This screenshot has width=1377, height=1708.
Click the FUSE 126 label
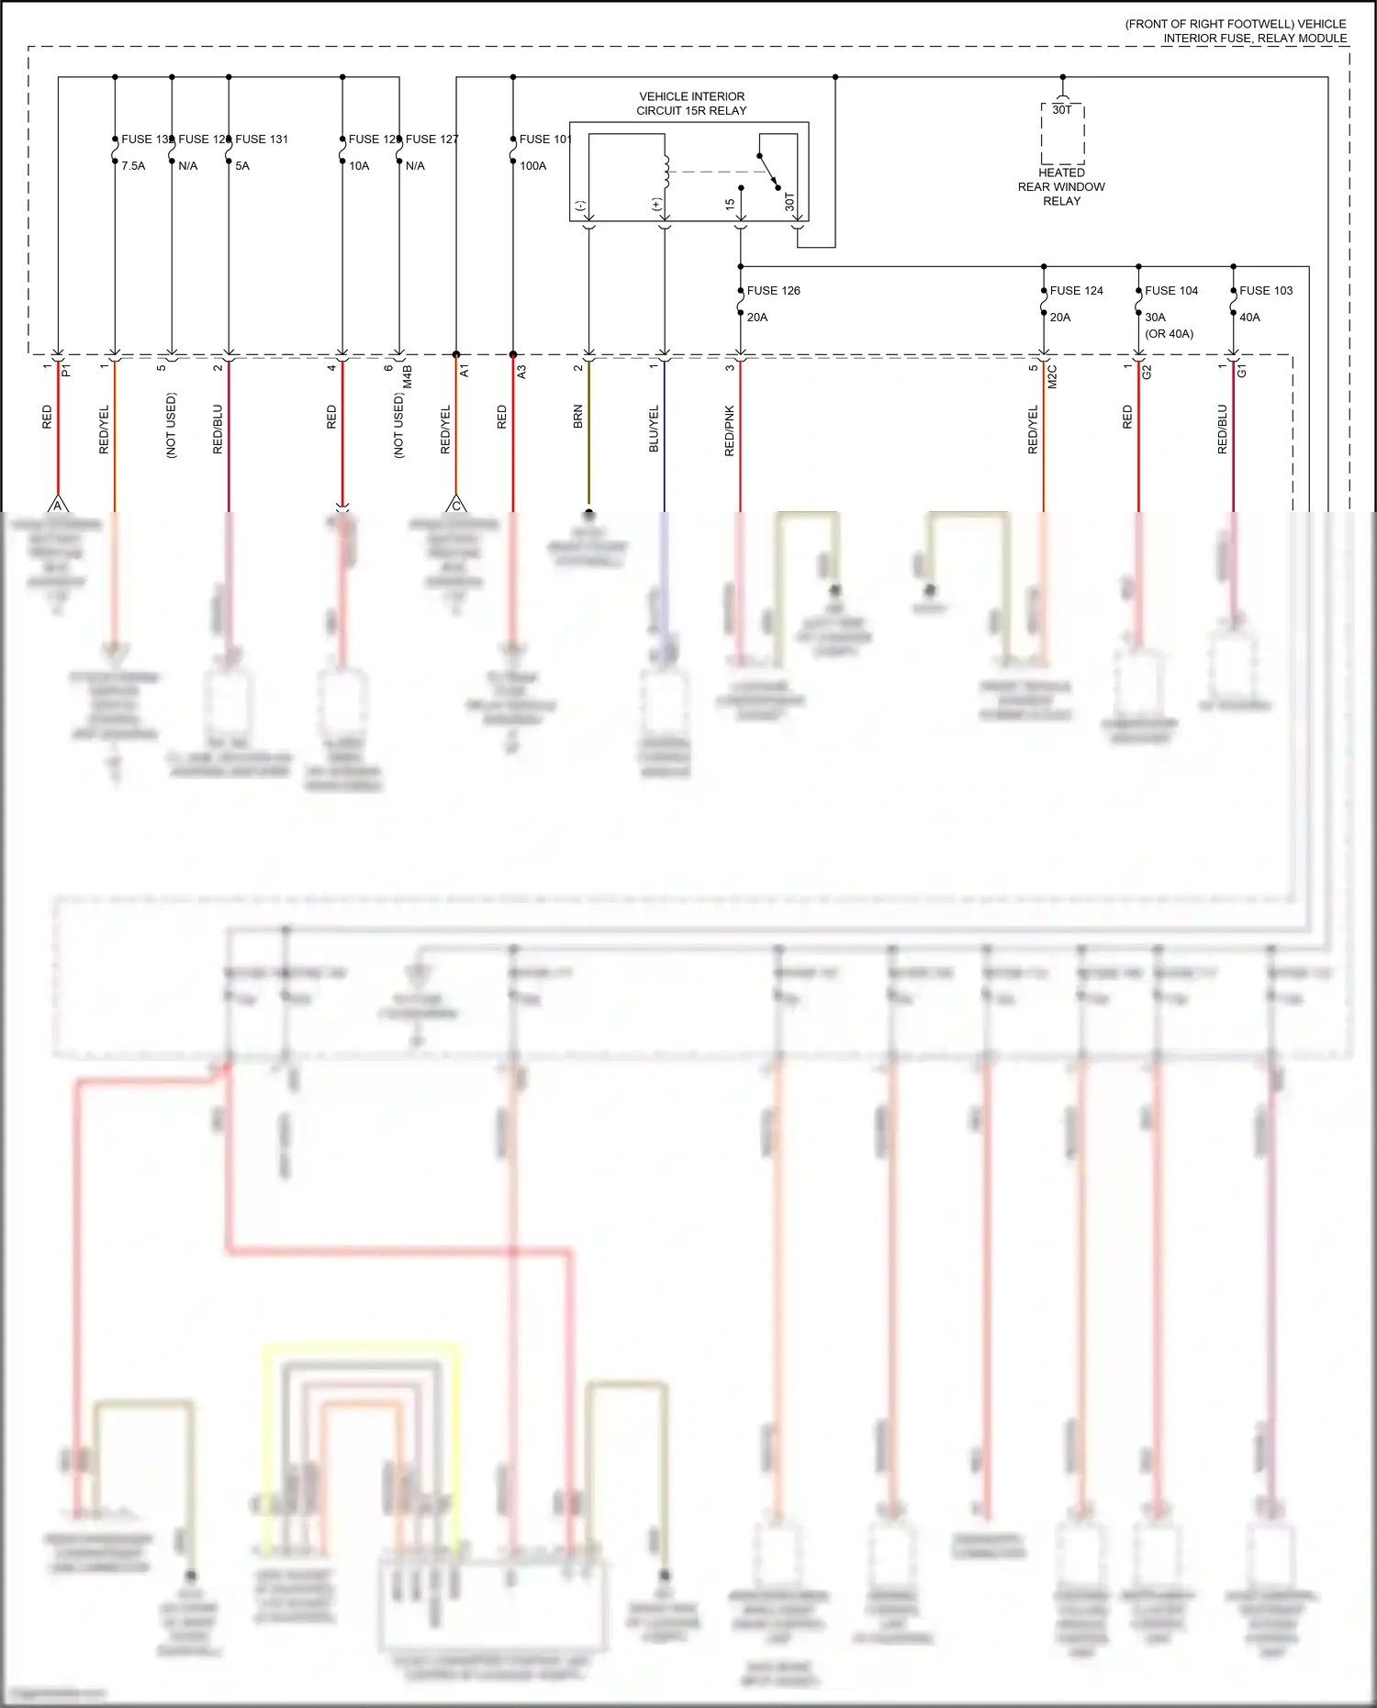[x=773, y=290]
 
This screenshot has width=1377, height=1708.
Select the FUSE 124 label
[x=1076, y=290]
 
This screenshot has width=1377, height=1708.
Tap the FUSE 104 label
[x=1170, y=290]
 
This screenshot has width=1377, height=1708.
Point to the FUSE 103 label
[x=1265, y=290]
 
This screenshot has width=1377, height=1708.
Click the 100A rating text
[x=532, y=166]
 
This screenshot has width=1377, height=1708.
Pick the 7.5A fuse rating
[x=133, y=166]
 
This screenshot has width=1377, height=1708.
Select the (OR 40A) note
[x=1169, y=333]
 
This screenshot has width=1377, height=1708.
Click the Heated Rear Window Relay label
[x=1061, y=186]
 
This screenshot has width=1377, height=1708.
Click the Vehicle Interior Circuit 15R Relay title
[x=691, y=103]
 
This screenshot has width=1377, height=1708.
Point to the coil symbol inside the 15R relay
[x=666, y=172]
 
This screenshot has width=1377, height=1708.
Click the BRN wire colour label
[x=578, y=417]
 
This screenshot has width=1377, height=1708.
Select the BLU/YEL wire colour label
[x=655, y=428]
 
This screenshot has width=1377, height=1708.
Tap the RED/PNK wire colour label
[x=730, y=430]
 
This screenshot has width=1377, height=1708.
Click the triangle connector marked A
[x=58, y=505]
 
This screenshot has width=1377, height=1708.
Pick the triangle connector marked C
[x=456, y=505]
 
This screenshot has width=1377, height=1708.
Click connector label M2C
[x=1052, y=376]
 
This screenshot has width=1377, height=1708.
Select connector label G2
[x=1147, y=372]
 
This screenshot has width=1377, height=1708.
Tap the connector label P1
[x=66, y=371]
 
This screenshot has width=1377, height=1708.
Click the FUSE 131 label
[x=261, y=139]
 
